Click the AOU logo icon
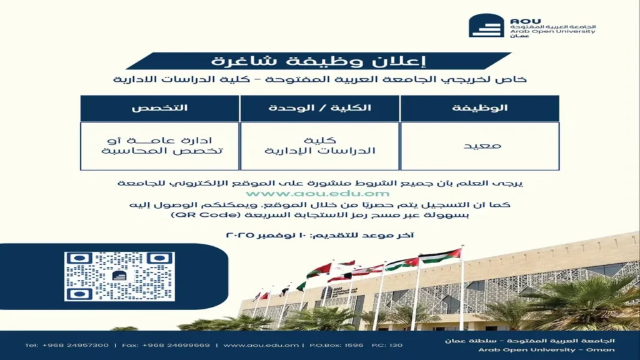point(486,26)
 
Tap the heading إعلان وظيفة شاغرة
point(319,61)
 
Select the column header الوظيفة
point(480,108)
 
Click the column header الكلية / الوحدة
point(319,108)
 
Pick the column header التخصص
point(159,108)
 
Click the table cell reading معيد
point(480,146)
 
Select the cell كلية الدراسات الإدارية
point(319,146)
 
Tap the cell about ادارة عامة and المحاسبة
point(159,146)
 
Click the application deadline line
point(319,235)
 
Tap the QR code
point(119,276)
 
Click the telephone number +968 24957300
point(67,345)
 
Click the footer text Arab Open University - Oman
point(546,349)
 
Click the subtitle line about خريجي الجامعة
point(319,80)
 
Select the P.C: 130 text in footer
point(387,345)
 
